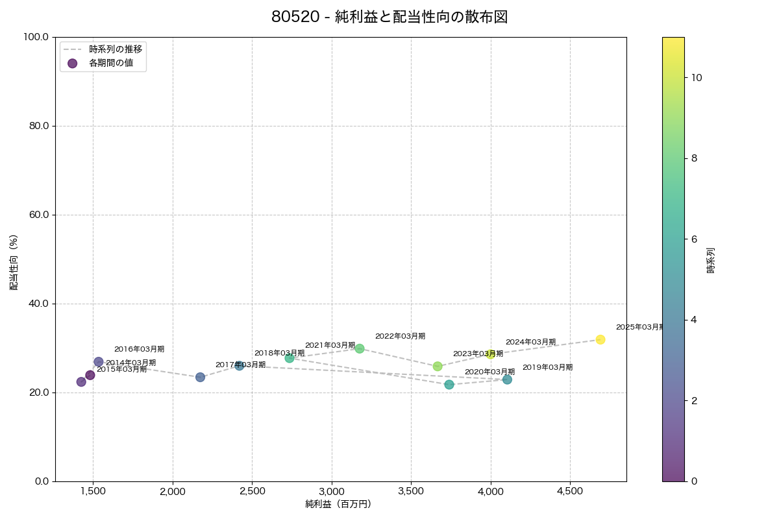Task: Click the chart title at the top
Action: [x=389, y=18]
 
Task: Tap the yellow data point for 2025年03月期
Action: [x=600, y=339]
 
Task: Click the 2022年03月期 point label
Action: [x=400, y=336]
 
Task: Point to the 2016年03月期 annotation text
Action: [x=139, y=349]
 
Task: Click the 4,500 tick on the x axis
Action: [x=570, y=491]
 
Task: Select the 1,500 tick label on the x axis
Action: [x=93, y=491]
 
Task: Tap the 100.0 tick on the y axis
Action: [x=36, y=37]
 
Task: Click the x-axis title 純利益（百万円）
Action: [x=338, y=504]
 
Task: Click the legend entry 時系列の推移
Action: [x=116, y=49]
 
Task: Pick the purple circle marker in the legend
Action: [x=72, y=63]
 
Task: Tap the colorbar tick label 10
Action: [x=697, y=77]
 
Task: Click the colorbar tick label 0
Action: [x=695, y=481]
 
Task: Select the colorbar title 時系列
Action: [x=711, y=259]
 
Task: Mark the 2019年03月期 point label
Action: [x=547, y=367]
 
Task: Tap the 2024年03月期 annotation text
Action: [x=530, y=342]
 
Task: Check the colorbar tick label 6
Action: [x=695, y=239]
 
